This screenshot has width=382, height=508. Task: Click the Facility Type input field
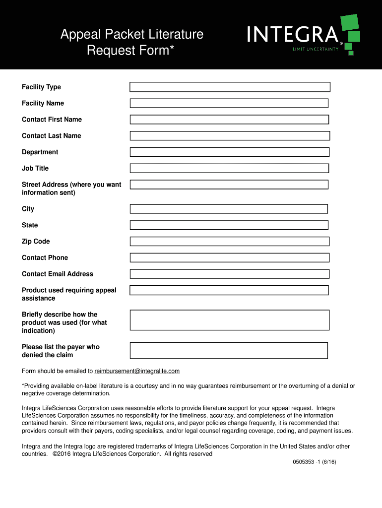230,87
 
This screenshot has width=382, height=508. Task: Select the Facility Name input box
229,103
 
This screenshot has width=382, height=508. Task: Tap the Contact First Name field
229,120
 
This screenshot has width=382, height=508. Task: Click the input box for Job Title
229,168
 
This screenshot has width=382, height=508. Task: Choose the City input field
229,209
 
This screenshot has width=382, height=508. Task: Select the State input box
229,225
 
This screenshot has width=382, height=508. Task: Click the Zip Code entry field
229,242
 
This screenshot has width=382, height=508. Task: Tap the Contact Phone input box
229,257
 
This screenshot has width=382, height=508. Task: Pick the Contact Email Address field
229,274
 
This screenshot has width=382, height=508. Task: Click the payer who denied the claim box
229,350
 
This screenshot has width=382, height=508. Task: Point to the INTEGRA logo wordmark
293,35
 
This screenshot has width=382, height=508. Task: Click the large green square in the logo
350,22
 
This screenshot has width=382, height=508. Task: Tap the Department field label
40,152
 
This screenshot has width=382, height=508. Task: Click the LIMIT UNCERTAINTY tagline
315,49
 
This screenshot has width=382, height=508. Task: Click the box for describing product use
229,320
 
